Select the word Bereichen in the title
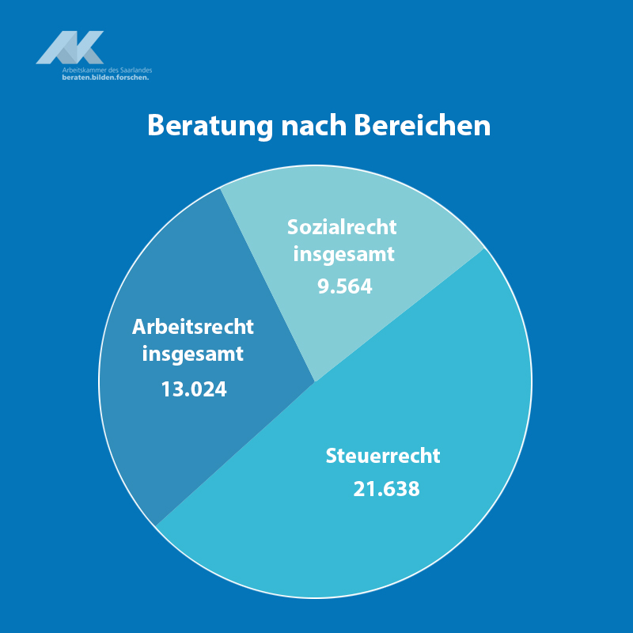pyautogui.click(x=422, y=126)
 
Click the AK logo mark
pyautogui.click(x=70, y=47)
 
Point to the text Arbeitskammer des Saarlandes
pyautogui.click(x=107, y=70)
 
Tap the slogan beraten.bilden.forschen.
pyautogui.click(x=105, y=78)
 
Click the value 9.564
pyautogui.click(x=344, y=286)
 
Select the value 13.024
pyautogui.click(x=193, y=389)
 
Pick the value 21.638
pyautogui.click(x=386, y=489)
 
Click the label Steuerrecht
pyautogui.click(x=383, y=457)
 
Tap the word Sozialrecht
pyautogui.click(x=342, y=227)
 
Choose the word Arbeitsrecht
pyautogui.click(x=193, y=327)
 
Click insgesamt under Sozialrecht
pyautogui.click(x=343, y=255)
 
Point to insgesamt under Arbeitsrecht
pyautogui.click(x=193, y=354)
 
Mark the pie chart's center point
pyautogui.click(x=315, y=382)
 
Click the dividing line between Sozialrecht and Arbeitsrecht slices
pyautogui.click(x=267, y=285)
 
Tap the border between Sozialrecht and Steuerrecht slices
pyautogui.click(x=400, y=316)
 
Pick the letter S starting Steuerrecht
pyautogui.click(x=332, y=457)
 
